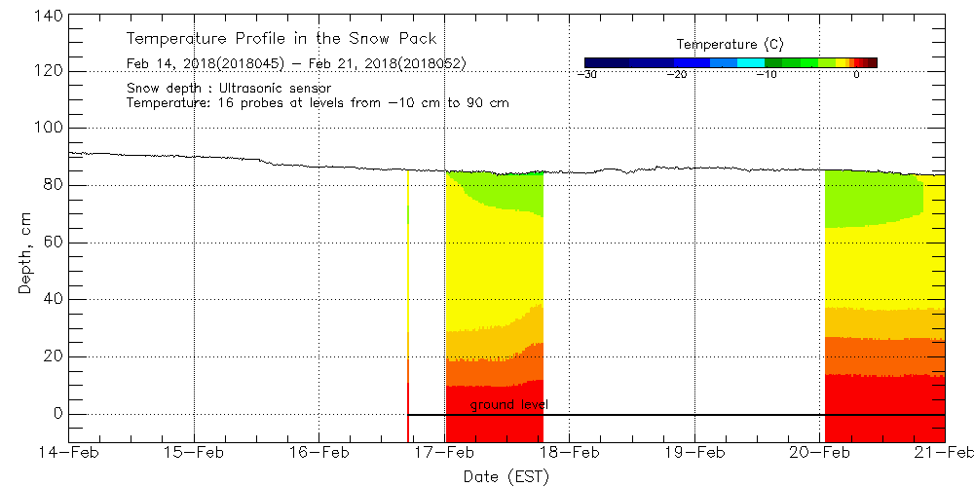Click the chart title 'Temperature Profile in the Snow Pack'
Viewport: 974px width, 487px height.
tap(281, 39)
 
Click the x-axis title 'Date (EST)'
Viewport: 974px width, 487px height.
tap(506, 476)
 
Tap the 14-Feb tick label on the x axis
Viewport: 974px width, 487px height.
tap(69, 452)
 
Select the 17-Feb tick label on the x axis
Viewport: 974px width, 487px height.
tap(445, 452)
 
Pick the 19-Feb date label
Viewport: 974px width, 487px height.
tap(694, 452)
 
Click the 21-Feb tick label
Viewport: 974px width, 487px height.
tap(944, 452)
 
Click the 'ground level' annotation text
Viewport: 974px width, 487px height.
tap(509, 404)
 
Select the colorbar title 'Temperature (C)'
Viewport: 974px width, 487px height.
tap(730, 45)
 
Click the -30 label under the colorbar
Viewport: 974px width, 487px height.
tap(587, 74)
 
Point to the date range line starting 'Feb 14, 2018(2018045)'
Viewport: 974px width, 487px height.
tap(296, 64)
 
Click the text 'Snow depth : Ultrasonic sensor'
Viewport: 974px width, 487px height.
tap(229, 89)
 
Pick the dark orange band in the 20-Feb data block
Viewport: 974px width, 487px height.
tap(884, 356)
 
